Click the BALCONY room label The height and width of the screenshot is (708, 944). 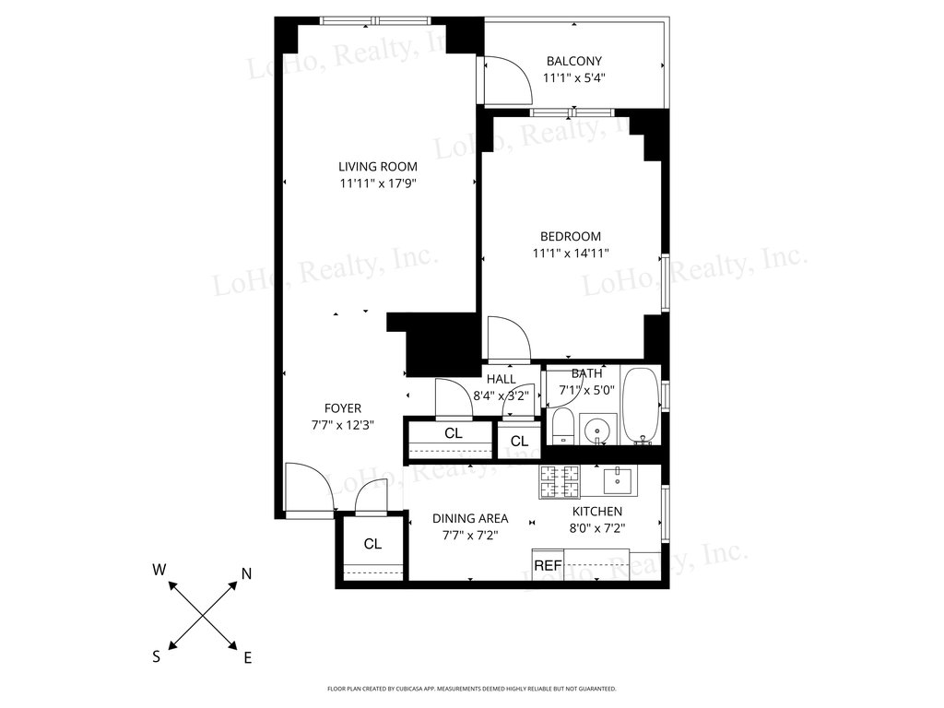tap(573, 61)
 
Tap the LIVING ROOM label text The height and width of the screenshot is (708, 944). tap(377, 167)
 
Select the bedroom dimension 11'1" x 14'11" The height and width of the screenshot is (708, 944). tap(571, 254)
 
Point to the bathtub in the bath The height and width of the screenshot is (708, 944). tap(642, 406)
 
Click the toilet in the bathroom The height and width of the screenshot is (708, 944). tap(563, 426)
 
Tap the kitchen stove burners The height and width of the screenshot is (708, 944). tap(560, 481)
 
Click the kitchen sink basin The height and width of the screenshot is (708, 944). tap(618, 480)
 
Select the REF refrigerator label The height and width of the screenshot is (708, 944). tap(548, 566)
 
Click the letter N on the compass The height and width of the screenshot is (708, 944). tap(246, 574)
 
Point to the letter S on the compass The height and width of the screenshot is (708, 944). tap(157, 656)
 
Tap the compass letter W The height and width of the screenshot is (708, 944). tap(159, 570)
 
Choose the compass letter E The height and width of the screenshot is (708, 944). tap(247, 658)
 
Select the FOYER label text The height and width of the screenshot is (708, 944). tap(343, 408)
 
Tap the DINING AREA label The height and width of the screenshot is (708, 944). tap(470, 518)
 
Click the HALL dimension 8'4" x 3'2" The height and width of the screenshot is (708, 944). tap(501, 396)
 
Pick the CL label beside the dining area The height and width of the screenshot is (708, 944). tap(372, 544)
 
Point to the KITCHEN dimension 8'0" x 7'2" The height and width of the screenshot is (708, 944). tap(597, 528)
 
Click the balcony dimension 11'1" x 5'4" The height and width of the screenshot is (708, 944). tap(573, 77)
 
